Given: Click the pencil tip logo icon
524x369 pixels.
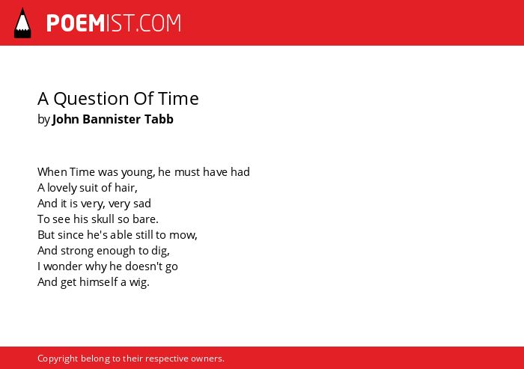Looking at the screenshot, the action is click(x=22, y=23).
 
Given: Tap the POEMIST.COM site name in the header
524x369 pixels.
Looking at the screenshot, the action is click(x=114, y=23).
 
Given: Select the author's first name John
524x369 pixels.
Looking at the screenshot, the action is click(x=65, y=119).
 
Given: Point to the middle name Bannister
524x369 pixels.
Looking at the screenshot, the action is click(x=112, y=119).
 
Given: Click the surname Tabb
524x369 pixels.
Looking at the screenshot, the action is click(x=159, y=119).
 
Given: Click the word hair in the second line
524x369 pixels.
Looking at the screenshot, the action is click(x=124, y=188).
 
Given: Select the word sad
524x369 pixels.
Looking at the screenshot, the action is click(x=142, y=204).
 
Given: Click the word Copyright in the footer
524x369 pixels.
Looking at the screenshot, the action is click(x=58, y=359).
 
